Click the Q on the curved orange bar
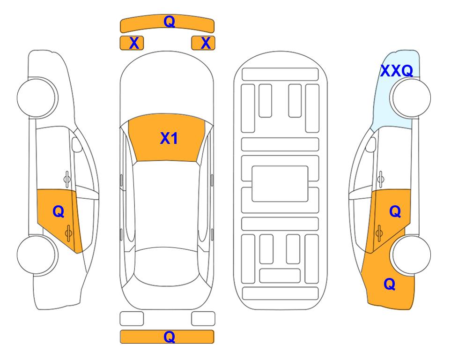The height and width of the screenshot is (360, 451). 169,21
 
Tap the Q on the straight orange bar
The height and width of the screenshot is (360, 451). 169,337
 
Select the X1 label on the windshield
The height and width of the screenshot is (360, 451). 169,138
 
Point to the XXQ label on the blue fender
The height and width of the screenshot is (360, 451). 397,71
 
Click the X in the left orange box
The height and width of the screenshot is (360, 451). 134,43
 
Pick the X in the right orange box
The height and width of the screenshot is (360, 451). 206,43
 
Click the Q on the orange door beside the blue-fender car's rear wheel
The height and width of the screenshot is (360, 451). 395,211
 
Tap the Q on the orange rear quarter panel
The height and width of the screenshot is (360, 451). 390,284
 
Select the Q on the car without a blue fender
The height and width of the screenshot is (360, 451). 59,212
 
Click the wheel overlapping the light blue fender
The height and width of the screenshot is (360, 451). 410,98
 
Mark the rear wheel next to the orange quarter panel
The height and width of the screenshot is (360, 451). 410,255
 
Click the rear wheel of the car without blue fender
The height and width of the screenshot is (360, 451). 37,255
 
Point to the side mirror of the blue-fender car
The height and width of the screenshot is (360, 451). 371,144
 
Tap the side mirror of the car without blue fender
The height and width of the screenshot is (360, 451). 77,144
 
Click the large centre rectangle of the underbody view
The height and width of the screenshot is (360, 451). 280,184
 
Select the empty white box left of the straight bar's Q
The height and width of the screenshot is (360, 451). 132,319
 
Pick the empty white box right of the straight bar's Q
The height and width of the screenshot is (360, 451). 203,319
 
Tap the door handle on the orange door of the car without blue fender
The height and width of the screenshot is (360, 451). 68,233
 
